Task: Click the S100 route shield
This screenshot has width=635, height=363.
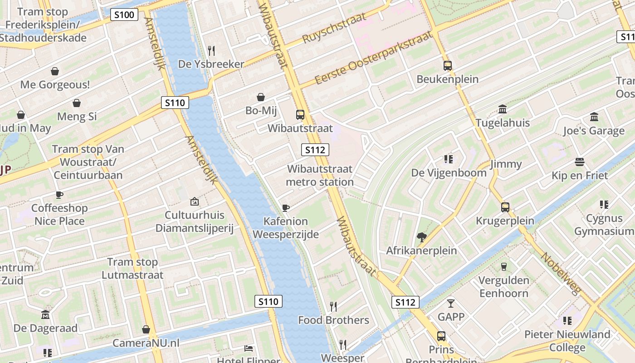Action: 124,15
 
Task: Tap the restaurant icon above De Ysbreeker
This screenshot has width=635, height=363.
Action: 211,50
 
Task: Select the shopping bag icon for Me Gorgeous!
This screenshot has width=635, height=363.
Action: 55,71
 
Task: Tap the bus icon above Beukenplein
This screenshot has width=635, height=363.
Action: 448,66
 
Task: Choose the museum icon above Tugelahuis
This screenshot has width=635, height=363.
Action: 503,109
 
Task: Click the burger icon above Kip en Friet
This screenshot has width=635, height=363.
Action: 580,162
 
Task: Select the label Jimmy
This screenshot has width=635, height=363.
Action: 506,164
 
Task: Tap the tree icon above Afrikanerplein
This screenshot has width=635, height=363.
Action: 422,236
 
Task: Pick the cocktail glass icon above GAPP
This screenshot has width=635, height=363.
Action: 451,303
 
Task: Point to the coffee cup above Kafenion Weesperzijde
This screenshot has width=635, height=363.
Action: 286,208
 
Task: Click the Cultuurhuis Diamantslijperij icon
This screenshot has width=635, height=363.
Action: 195,201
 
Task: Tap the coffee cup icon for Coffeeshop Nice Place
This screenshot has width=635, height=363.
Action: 59,195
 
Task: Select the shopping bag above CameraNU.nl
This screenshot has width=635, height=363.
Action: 146,329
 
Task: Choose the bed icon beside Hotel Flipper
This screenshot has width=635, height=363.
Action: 249,348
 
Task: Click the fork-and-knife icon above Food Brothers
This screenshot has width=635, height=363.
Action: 333,306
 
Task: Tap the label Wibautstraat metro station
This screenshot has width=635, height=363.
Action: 320,176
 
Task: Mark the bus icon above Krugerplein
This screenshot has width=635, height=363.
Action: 505,207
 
